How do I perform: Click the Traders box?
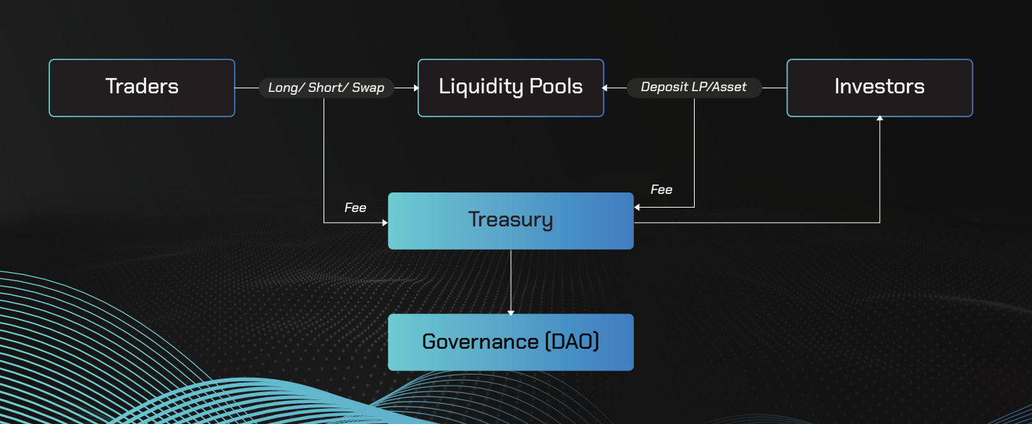(x=142, y=88)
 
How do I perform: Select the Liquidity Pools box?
(x=510, y=88)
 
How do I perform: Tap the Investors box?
(x=879, y=88)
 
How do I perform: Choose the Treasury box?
(x=510, y=221)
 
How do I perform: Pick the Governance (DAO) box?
(x=510, y=342)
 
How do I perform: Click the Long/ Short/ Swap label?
(x=326, y=88)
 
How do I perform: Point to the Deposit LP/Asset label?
(x=693, y=88)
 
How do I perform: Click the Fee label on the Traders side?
(x=355, y=208)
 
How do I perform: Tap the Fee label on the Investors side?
(x=661, y=190)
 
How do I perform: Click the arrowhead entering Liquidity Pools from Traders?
(x=415, y=88)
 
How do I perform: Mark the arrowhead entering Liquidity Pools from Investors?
(x=606, y=88)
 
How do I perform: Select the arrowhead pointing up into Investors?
(x=880, y=119)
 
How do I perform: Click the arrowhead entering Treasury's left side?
(x=385, y=223)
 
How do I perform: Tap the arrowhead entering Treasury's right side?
(x=637, y=208)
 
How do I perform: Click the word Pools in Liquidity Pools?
(x=554, y=88)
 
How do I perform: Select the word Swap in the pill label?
(x=368, y=88)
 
